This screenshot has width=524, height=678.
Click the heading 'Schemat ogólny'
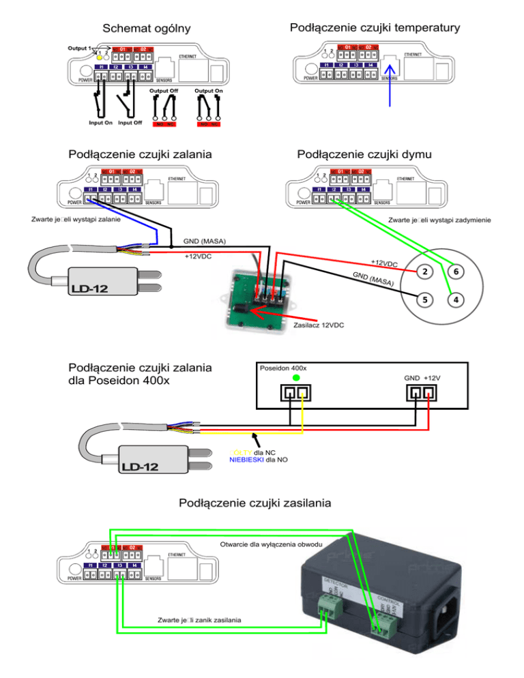[x=145, y=29]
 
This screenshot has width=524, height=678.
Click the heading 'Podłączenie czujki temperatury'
[x=375, y=27]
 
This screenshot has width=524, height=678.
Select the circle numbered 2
[x=424, y=271]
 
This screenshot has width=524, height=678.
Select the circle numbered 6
[x=456, y=271]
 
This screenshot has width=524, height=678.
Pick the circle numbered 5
[x=424, y=299]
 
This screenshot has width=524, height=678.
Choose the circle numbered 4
[x=456, y=299]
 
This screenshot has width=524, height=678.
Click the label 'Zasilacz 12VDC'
[x=319, y=325]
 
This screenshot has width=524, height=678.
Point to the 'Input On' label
[x=100, y=123]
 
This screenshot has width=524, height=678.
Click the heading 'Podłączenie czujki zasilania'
[x=255, y=503]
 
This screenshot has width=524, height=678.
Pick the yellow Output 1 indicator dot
[x=100, y=57]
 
